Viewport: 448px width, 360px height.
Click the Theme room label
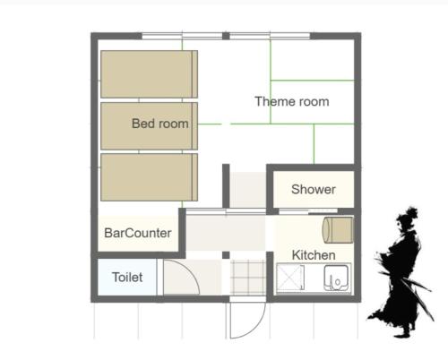pyautogui.click(x=292, y=101)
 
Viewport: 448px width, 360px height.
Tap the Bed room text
pyautogui.click(x=160, y=124)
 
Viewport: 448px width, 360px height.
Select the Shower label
pyautogui.click(x=314, y=189)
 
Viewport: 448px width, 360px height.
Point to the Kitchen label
pyautogui.click(x=314, y=255)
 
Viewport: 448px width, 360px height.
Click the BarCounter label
pyautogui.click(x=138, y=233)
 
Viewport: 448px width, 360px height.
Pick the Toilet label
pyautogui.click(x=127, y=278)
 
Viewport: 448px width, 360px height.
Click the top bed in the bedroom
pyautogui.click(x=149, y=74)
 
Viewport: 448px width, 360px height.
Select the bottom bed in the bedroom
pyautogui.click(x=149, y=177)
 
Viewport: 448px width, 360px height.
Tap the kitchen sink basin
pyautogui.click(x=336, y=278)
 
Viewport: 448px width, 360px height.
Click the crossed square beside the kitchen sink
pyautogui.click(x=290, y=278)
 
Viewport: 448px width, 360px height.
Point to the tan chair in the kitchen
pyautogui.click(x=338, y=230)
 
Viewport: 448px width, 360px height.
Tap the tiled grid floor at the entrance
pyautogui.click(x=248, y=278)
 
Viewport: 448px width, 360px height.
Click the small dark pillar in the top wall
pyautogui.click(x=226, y=36)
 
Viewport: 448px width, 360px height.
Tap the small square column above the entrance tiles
pyautogui.click(x=226, y=255)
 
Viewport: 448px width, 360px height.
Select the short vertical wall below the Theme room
pyautogui.click(x=226, y=185)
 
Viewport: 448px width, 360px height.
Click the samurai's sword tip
pyautogui.click(x=434, y=321)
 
